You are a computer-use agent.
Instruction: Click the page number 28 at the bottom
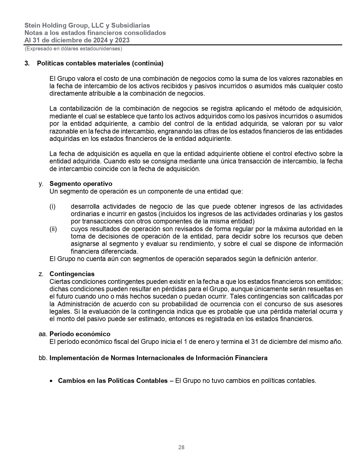tap(181, 447)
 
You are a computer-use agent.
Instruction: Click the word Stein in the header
tap(32, 25)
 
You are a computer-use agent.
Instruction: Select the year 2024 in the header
tap(96, 40)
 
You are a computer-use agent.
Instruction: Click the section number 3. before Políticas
tap(27, 63)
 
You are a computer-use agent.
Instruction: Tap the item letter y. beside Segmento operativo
tap(41, 184)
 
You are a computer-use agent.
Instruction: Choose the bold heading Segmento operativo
tap(81, 184)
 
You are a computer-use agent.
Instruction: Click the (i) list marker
tap(52, 206)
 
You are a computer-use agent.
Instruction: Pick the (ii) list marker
tap(53, 229)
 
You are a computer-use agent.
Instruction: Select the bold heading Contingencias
tap(72, 274)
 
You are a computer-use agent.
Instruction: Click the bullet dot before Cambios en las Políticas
tap(51, 381)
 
